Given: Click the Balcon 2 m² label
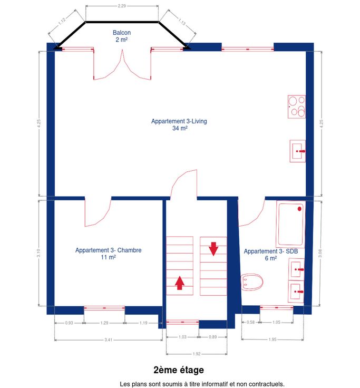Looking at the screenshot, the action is [x=121, y=36].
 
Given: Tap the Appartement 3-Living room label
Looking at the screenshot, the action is [x=179, y=124].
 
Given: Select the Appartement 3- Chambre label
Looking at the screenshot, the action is [x=109, y=254].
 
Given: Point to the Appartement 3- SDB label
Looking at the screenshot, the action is [x=271, y=255].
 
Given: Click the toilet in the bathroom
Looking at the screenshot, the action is [x=251, y=282].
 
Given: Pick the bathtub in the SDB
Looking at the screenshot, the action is [x=290, y=224].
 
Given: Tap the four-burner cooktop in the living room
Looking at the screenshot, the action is [x=296, y=106].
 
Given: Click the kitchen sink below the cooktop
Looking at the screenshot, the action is [x=297, y=151].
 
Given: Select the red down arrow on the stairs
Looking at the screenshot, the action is [x=213, y=249].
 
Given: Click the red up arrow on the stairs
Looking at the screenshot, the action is [x=180, y=283].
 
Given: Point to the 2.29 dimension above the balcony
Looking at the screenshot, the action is [x=122, y=6].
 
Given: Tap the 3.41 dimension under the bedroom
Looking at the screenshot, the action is [x=109, y=340].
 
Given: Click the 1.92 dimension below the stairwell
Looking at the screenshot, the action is [x=197, y=354].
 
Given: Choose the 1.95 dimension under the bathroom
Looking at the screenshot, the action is [x=273, y=339].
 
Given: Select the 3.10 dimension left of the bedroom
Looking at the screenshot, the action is [x=38, y=253].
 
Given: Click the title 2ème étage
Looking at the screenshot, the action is [x=179, y=370].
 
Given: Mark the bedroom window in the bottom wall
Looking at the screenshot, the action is [x=104, y=308].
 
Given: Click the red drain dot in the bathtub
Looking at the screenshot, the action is [x=299, y=209].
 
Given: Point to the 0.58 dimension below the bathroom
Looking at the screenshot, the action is [x=251, y=322].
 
